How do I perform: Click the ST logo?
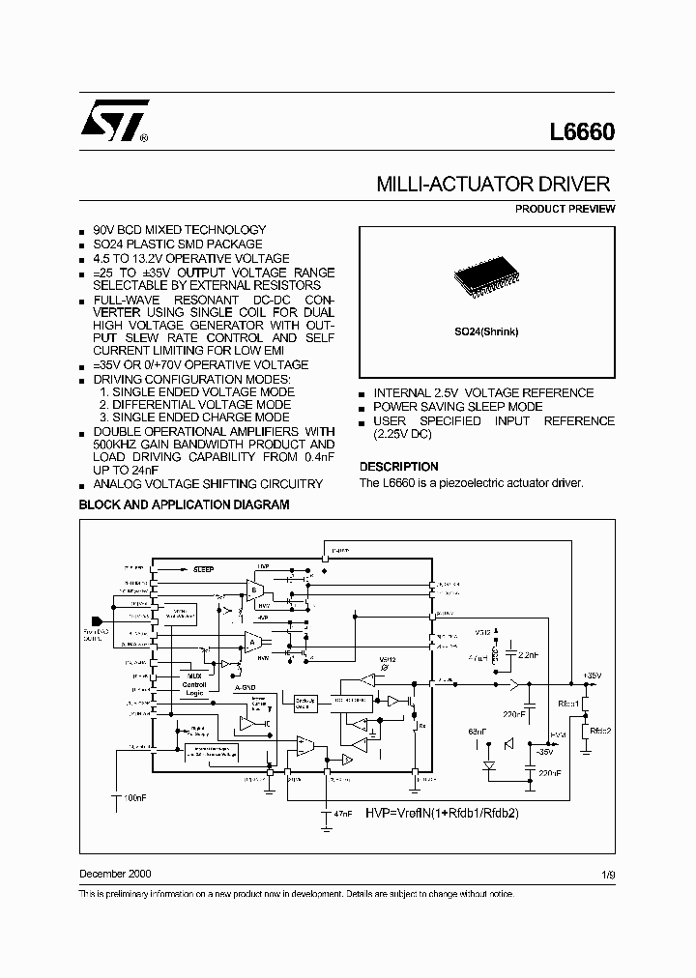tap(114, 122)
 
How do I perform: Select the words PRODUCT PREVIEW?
tap(565, 209)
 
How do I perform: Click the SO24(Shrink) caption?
tap(487, 331)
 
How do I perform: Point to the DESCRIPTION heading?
tap(398, 466)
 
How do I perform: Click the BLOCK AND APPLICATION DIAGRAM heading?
tap(184, 504)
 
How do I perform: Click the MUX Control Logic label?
tap(196, 682)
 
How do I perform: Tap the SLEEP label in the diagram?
tap(203, 570)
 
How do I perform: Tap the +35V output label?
tap(592, 675)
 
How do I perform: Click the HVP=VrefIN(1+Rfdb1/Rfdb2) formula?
tap(442, 813)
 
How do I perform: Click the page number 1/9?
tap(606, 874)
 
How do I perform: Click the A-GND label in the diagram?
tap(245, 688)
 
